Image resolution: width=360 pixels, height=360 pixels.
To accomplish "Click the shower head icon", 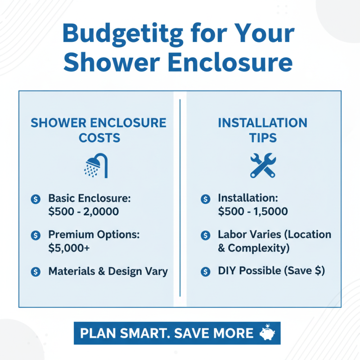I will pyautogui.click(x=97, y=166).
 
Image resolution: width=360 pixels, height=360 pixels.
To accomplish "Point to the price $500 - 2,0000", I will pyautogui.click(x=85, y=211).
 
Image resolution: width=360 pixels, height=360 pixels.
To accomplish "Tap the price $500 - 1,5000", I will pyautogui.click(x=252, y=211).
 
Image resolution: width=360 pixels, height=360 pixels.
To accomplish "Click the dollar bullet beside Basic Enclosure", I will pyautogui.click(x=36, y=199).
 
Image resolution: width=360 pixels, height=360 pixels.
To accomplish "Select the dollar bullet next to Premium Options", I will pyautogui.click(x=36, y=235).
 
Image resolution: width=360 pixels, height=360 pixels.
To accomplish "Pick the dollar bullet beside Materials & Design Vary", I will pyautogui.click(x=36, y=271).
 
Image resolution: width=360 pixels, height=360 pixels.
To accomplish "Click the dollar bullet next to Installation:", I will pyautogui.click(x=205, y=199).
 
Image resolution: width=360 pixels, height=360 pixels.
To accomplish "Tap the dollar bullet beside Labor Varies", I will pyautogui.click(x=205, y=235).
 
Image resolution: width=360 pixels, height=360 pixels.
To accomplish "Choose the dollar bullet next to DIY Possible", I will pyautogui.click(x=205, y=271).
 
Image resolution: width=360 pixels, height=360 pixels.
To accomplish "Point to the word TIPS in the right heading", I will pyautogui.click(x=263, y=138).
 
